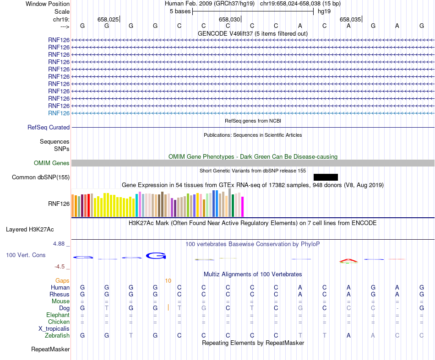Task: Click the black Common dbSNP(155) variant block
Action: (326, 177)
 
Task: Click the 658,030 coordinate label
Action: (229, 19)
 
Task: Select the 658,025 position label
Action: (108, 19)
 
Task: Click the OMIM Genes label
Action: (52, 163)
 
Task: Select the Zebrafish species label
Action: (57, 336)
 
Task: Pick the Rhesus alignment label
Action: (60, 295)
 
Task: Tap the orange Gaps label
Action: (63, 281)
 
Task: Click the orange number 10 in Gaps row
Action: (168, 281)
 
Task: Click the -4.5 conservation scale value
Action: (60, 267)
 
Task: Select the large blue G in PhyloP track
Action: (156, 256)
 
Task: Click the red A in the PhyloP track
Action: (348, 260)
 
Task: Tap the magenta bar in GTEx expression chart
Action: (243, 207)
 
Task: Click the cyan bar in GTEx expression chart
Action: (137, 205)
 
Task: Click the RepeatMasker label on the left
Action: (50, 349)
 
